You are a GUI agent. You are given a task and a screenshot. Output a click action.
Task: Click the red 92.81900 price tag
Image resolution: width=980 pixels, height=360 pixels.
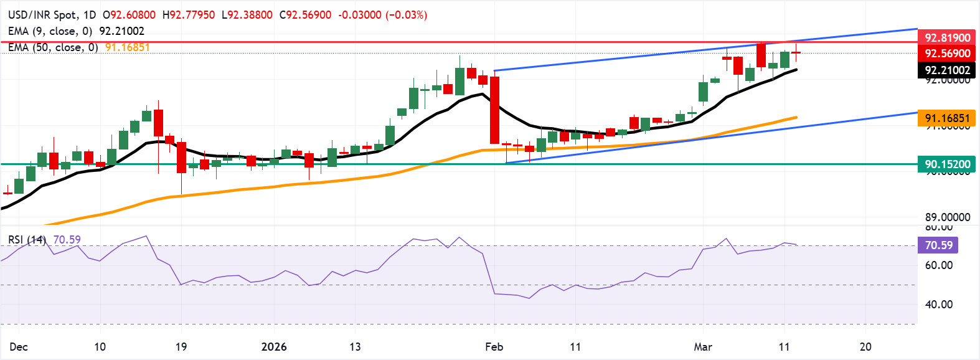click(x=946, y=38)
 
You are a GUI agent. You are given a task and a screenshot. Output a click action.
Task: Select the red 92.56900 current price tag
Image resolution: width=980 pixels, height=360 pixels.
click(x=946, y=54)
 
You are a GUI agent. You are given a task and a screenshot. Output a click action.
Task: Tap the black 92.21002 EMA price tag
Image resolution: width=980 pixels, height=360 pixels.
click(x=946, y=70)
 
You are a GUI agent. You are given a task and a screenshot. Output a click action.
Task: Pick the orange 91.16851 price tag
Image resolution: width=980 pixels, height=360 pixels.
click(x=946, y=118)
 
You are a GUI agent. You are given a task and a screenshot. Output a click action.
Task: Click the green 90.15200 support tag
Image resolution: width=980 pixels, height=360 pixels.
click(x=946, y=164)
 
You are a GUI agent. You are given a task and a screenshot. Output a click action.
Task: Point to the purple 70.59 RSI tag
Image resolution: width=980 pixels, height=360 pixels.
click(x=938, y=245)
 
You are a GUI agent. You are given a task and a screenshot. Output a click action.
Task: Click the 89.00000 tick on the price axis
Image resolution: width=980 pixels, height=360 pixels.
click(x=947, y=217)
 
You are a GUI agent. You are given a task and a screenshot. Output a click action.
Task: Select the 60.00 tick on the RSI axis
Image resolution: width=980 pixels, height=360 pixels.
click(x=938, y=265)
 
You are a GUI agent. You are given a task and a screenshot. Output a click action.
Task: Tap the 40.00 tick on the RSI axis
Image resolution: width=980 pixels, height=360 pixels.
click(x=938, y=305)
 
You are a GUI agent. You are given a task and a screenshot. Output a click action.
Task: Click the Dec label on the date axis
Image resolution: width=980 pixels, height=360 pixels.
click(x=19, y=347)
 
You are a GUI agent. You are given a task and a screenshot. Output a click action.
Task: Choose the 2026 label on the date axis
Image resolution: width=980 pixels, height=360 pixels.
click(x=274, y=347)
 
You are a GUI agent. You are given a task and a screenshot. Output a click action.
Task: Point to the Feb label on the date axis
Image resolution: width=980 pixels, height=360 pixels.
click(x=494, y=347)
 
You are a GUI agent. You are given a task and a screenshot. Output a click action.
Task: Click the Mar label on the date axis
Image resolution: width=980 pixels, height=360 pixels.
click(x=703, y=347)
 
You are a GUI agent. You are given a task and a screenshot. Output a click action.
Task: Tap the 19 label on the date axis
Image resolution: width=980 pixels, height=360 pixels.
click(x=181, y=347)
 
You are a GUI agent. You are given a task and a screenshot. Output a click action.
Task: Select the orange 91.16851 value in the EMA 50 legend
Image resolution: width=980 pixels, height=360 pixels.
click(x=127, y=47)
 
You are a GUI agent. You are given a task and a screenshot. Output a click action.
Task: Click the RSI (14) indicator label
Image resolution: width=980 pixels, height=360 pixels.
click(x=27, y=240)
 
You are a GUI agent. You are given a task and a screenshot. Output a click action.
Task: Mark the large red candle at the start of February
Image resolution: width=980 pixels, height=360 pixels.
click(x=495, y=110)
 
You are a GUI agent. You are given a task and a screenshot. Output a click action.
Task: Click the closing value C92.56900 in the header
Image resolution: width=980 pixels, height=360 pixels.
click(x=305, y=14)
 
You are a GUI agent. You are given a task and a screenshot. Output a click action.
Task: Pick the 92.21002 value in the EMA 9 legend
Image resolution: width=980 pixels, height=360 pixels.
click(x=121, y=31)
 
